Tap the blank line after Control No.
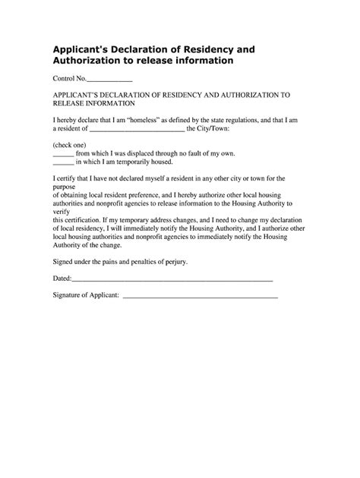coord(110,80)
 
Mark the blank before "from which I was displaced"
coord(63,153)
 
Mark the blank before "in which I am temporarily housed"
coord(63,162)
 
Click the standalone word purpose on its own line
coord(67,187)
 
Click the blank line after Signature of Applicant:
coord(200,295)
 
